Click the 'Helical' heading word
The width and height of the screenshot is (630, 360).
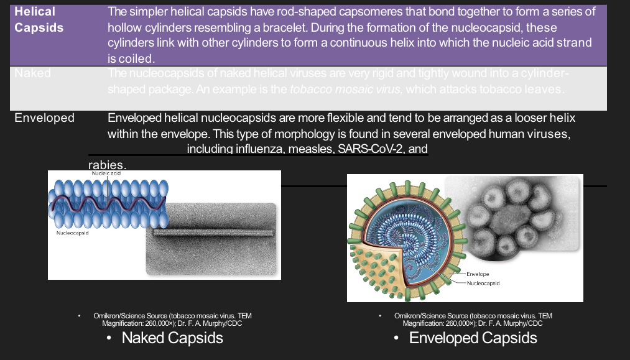(35, 12)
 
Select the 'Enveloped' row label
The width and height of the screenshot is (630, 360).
(44, 118)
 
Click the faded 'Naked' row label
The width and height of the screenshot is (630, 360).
(32, 73)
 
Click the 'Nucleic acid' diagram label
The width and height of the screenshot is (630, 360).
(106, 174)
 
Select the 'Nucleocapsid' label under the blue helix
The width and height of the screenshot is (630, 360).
(72, 233)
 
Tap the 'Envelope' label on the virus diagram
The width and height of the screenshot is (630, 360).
(477, 274)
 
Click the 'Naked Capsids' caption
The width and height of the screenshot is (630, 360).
(172, 338)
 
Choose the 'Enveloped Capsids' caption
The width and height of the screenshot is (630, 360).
(473, 338)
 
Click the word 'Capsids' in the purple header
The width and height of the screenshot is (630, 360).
(39, 28)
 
